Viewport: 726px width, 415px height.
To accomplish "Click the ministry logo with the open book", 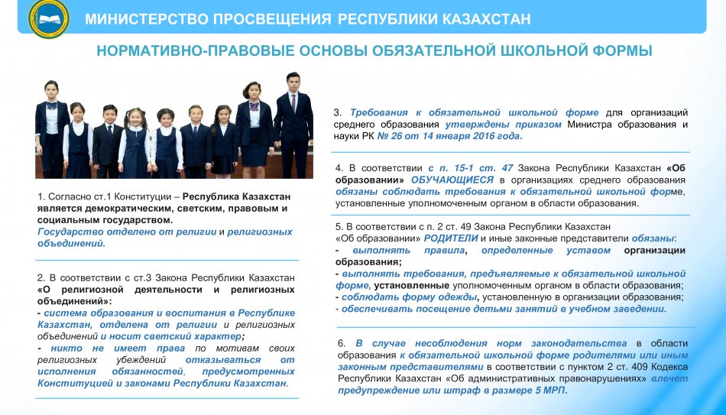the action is (x=48, y=18).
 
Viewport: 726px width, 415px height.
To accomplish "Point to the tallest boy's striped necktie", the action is (x=293, y=103).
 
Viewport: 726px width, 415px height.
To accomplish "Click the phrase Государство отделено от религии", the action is (x=127, y=232).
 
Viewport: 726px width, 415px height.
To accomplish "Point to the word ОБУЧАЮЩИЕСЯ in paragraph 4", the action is (x=452, y=180).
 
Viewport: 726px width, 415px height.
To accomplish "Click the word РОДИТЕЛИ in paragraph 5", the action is (x=451, y=238).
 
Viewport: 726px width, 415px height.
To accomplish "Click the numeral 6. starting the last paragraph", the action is (x=342, y=343).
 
